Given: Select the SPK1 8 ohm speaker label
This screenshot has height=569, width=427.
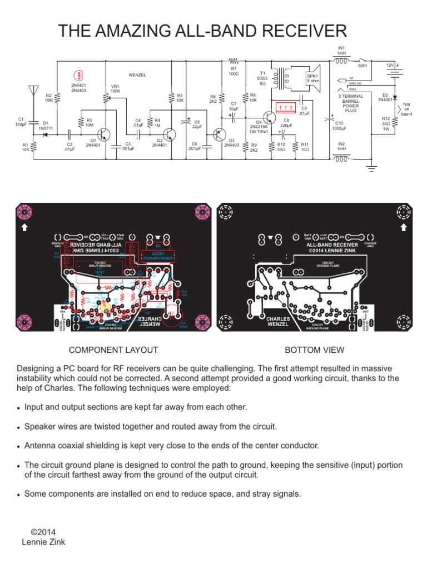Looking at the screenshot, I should pos(313,78).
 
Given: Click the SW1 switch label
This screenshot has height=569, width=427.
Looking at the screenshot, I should pos(363,66).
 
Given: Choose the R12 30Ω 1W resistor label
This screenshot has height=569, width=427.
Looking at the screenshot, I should pos(385,123).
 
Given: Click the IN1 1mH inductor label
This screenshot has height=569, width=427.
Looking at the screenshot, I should pos(341,51).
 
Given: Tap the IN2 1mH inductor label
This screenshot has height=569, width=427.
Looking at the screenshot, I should pos(341,146).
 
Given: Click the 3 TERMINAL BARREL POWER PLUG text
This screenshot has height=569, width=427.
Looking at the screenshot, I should pos(351,103).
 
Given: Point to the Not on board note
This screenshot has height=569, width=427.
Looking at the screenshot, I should pos(406,109).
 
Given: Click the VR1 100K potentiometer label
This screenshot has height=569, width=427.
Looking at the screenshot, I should pos(116,88).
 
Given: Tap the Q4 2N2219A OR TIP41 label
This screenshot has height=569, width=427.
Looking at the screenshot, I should pos(259,126).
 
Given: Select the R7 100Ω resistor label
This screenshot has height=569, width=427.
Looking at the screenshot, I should pos(234,71).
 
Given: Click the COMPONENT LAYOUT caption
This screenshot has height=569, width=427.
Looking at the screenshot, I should pos(113,350).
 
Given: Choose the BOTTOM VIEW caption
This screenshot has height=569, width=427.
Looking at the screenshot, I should pos(314,350).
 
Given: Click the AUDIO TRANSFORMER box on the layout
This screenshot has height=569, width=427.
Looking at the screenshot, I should pos(158,256).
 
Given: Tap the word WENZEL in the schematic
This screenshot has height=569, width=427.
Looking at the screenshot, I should pos(137,74).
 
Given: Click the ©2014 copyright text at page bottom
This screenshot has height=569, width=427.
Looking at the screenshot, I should pos(43,532).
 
